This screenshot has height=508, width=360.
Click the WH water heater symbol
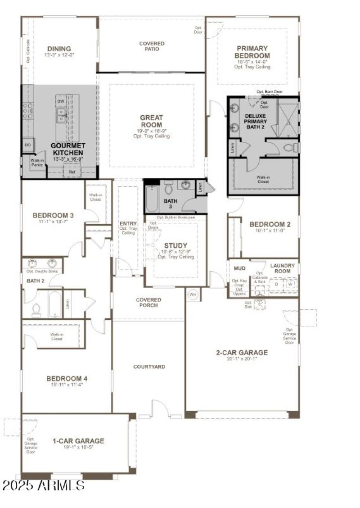pyautogui.click(x=193, y=295)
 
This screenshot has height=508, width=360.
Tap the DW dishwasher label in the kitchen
pyautogui.click(x=60, y=101)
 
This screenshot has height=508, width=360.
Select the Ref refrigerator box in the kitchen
pyautogui.click(x=72, y=172)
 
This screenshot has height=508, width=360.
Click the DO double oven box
pyautogui.click(x=28, y=145)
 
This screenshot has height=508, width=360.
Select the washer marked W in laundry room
pyautogui.click(x=290, y=284)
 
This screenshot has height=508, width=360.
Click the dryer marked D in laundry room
pyautogui.click(x=276, y=284)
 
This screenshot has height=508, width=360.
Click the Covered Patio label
pyautogui.click(x=152, y=46)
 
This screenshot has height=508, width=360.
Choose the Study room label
pyautogui.click(x=175, y=245)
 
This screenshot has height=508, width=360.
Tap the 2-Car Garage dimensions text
pyautogui.click(x=242, y=360)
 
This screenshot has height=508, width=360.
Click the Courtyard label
pyautogui.click(x=149, y=367)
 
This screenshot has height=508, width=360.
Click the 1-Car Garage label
pyautogui.click(x=78, y=441)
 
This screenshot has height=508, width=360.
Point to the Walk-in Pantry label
pyautogui.click(x=37, y=163)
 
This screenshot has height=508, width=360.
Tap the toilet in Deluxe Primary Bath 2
pyautogui.click(x=293, y=147)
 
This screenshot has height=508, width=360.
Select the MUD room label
pyautogui.click(x=239, y=268)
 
